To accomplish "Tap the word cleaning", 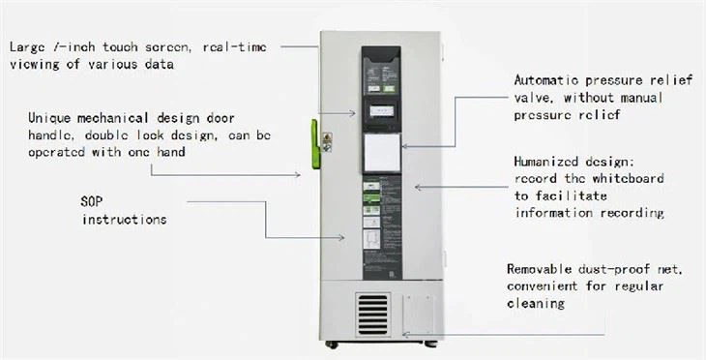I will tap(537, 303).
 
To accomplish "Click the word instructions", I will tap(123, 220).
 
